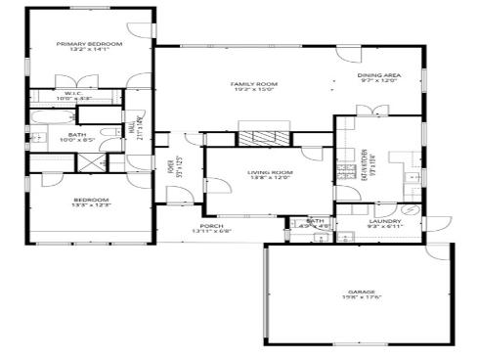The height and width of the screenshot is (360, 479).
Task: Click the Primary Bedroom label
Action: [x=89, y=44]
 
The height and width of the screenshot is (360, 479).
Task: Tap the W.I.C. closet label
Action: [x=73, y=93]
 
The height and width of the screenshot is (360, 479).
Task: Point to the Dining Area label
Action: [x=379, y=75]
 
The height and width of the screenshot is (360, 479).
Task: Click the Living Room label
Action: [x=270, y=172]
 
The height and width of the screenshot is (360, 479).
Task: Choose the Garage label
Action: [x=361, y=292]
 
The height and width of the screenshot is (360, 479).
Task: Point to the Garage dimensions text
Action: [x=361, y=298]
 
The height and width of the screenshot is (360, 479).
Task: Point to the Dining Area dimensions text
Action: [x=379, y=81]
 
